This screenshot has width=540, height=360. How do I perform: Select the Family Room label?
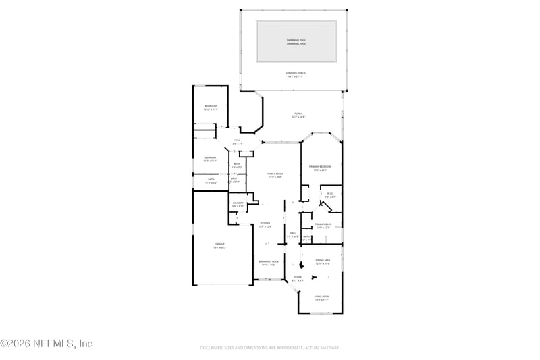pyautogui.click(x=274, y=174)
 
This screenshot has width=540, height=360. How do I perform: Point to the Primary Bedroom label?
pyautogui.click(x=320, y=166)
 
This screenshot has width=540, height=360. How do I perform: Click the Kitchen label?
pyautogui.click(x=265, y=223)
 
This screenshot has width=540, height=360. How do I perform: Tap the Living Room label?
pyautogui.click(x=321, y=296)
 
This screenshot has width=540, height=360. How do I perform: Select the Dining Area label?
pyautogui.click(x=323, y=260)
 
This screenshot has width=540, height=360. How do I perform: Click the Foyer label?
pyautogui.click(x=298, y=277)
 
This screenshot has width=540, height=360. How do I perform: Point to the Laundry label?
pyautogui.click(x=238, y=203)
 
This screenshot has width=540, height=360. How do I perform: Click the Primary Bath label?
pyautogui.click(x=323, y=224)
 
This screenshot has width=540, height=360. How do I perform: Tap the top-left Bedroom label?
pyautogui.click(x=211, y=106)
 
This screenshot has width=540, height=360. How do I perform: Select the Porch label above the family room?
pyautogui.click(x=298, y=113)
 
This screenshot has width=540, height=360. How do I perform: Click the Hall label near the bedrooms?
pyautogui.click(x=237, y=140)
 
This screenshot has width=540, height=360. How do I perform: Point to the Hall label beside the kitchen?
pyautogui.click(x=293, y=233)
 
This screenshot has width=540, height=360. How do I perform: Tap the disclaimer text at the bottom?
pyautogui.click(x=269, y=348)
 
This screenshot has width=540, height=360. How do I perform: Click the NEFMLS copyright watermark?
pyautogui.click(x=47, y=344)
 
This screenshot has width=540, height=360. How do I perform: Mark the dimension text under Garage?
pyautogui.click(x=220, y=248)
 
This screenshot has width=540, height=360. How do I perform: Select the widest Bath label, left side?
pyautogui.click(x=211, y=179)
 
